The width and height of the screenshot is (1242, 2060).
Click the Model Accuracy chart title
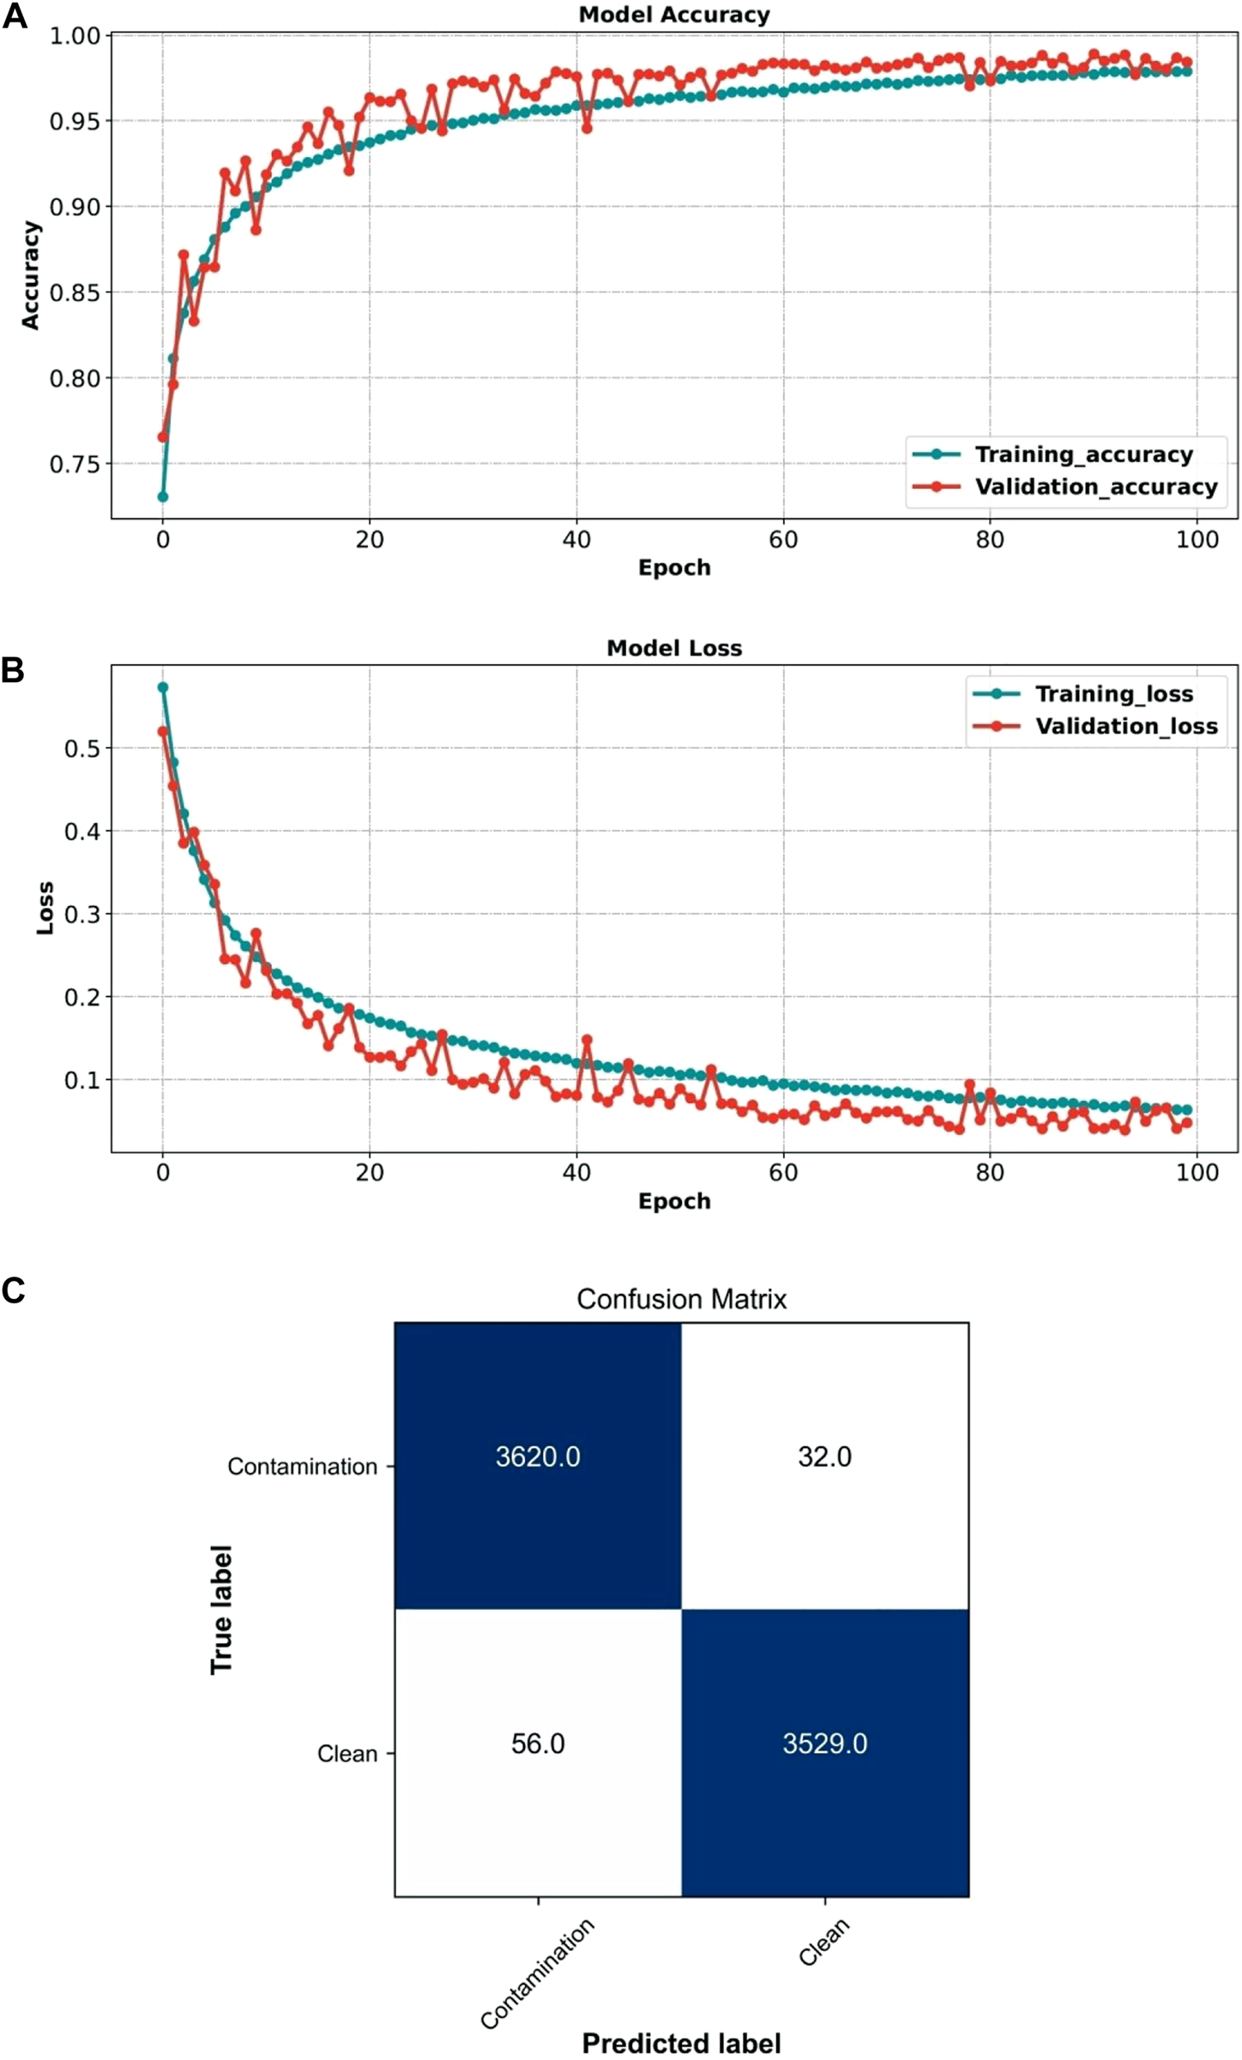674,15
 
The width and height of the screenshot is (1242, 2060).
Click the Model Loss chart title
674,648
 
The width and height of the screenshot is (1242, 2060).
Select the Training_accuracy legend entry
1083,454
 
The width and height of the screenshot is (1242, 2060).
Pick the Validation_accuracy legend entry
1095,486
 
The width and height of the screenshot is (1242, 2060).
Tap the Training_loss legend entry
1113,693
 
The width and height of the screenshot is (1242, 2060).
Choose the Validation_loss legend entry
1125,726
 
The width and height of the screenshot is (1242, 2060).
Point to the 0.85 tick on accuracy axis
75,293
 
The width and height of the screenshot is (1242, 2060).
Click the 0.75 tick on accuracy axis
75,464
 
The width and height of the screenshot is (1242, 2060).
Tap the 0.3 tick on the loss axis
82,914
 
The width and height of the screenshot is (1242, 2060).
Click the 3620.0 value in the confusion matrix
538,1457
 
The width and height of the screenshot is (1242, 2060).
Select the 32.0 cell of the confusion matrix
824,1457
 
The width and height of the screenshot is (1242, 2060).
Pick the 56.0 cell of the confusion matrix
538,1744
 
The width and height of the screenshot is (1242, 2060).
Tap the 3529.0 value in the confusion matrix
824,1744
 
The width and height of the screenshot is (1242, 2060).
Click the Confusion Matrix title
681,1299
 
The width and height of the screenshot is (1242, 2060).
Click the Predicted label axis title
681,2044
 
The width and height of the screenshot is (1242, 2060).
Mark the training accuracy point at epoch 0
163,497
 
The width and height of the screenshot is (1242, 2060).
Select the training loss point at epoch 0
163,687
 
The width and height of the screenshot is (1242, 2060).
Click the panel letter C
14,1290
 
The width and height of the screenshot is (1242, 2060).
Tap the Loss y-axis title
45,908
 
